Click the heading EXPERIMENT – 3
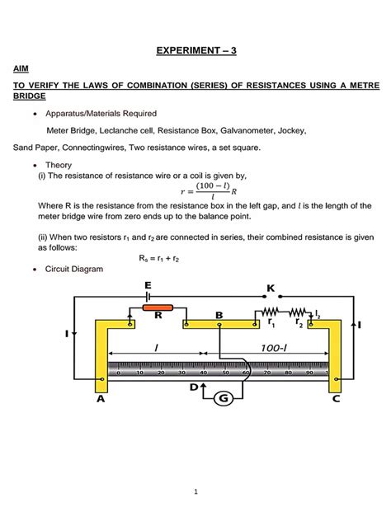[x=196, y=50]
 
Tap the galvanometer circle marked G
[x=221, y=399]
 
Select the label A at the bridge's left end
[x=100, y=399]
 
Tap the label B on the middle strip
[x=219, y=315]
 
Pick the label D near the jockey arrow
[x=195, y=386]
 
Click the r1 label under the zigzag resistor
[x=271, y=324]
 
